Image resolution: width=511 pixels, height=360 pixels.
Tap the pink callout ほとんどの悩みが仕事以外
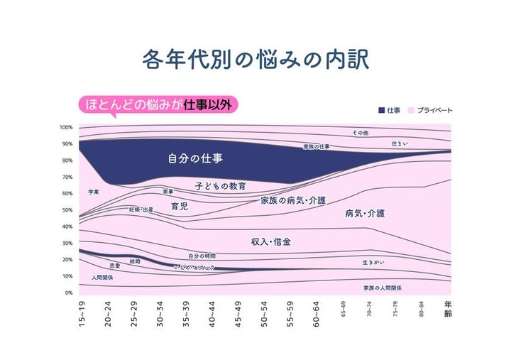pyautogui.click(x=157, y=104)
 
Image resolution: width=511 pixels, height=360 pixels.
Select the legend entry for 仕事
pyautogui.click(x=390, y=110)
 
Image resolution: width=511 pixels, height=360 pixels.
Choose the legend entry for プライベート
pyautogui.click(x=430, y=110)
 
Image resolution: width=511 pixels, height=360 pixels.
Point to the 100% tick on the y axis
pyautogui.click(x=66, y=127)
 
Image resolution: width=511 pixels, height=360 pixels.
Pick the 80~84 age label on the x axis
pyautogui.click(x=422, y=310)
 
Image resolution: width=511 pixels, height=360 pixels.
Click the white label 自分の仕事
pyautogui.click(x=189, y=158)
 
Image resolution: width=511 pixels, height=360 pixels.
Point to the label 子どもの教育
pyautogui.click(x=221, y=186)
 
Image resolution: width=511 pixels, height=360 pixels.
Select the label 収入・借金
pyautogui.click(x=271, y=242)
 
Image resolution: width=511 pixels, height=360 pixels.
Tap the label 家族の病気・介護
pyautogui.click(x=293, y=201)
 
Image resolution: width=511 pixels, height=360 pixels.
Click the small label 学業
pyautogui.click(x=93, y=192)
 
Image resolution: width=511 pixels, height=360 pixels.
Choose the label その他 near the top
pyautogui.click(x=361, y=133)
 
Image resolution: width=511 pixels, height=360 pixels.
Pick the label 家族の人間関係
pyautogui.click(x=382, y=288)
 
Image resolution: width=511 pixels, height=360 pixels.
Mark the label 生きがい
pyautogui.click(x=373, y=262)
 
